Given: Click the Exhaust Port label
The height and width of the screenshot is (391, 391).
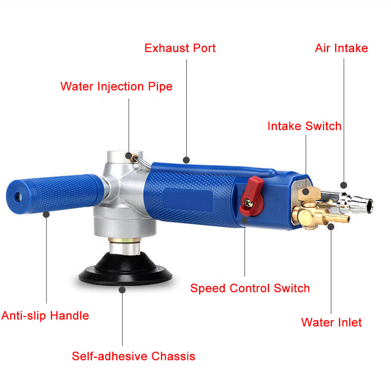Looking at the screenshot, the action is [180, 48].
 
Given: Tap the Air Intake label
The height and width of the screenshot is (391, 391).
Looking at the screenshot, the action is [341, 48].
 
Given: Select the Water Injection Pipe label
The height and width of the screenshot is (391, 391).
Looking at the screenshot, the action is [116, 86].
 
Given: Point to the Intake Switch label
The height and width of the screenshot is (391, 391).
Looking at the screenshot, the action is [304, 126].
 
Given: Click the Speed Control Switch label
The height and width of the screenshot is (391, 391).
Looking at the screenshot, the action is [250, 288].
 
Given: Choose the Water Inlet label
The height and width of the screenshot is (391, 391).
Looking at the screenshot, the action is [331, 323].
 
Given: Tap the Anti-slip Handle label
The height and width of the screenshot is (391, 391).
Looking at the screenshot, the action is [45, 316].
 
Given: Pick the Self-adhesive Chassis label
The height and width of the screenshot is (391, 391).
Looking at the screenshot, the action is [133, 356].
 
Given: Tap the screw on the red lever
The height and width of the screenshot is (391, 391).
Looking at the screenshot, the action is [248, 203].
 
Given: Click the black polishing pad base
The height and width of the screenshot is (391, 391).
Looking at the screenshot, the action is [125, 269].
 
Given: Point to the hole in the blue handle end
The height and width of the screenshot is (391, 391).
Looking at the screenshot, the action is [19, 197].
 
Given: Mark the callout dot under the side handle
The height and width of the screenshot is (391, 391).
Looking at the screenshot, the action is [46, 214].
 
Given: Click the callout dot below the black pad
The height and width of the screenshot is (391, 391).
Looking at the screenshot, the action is [122, 290].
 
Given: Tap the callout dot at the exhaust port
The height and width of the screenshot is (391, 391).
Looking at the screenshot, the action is [186, 160].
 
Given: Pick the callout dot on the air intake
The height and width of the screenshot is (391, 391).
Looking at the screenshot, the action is [344, 185].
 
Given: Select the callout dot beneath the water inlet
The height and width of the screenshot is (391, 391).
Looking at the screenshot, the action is [331, 227].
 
